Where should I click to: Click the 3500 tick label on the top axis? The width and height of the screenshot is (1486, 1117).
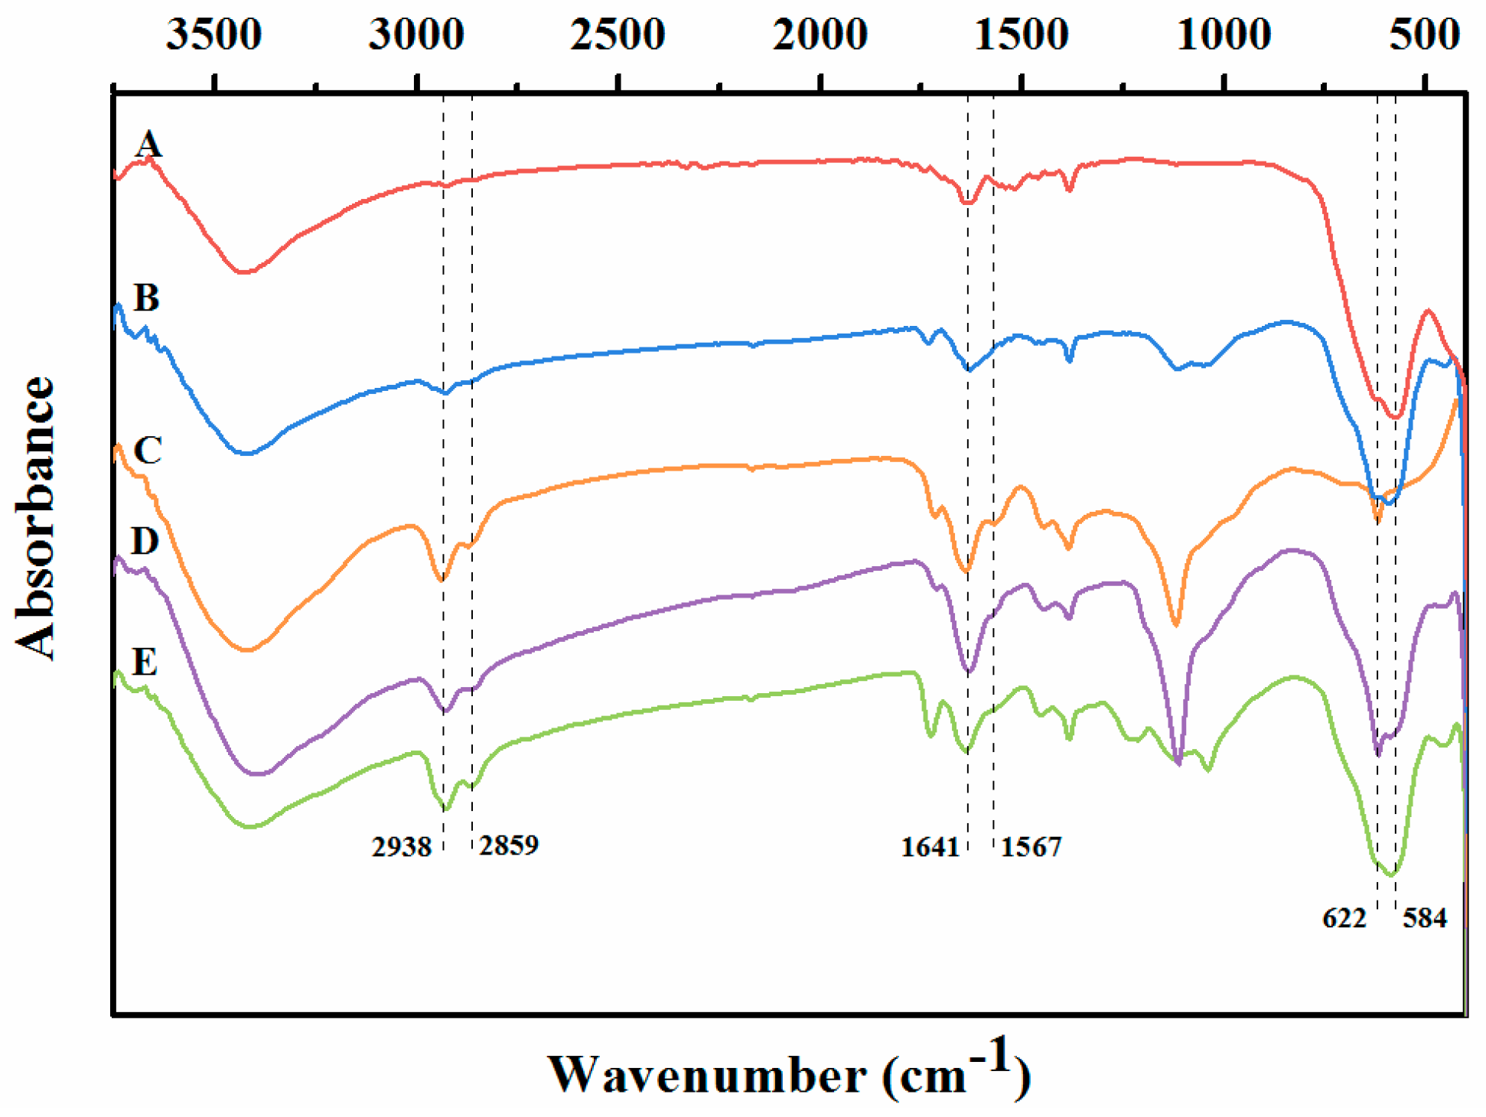click(x=214, y=35)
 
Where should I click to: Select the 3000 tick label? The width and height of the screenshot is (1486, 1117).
click(x=416, y=35)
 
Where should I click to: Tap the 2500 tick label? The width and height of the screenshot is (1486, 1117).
click(x=618, y=35)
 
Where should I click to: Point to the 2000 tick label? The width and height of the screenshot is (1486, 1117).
click(x=820, y=35)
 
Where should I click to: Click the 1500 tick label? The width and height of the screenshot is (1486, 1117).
click(x=1022, y=35)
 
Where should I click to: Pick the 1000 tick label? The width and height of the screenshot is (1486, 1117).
click(x=1224, y=35)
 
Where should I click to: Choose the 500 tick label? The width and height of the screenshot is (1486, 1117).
click(x=1425, y=35)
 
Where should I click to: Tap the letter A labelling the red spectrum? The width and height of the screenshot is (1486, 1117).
click(x=148, y=144)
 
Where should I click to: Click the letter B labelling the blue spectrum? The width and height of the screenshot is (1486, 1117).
click(x=146, y=298)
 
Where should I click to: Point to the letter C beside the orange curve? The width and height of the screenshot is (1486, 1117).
click(x=147, y=450)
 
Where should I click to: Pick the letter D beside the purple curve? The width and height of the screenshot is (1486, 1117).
click(x=145, y=541)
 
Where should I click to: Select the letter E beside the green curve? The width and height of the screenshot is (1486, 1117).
click(x=145, y=661)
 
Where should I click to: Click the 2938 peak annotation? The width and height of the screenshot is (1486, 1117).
click(x=402, y=847)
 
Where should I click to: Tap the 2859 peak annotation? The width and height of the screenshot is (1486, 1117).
click(x=509, y=845)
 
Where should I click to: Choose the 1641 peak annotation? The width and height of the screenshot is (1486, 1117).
click(x=930, y=847)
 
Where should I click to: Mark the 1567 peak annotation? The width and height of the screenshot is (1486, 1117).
click(x=1031, y=847)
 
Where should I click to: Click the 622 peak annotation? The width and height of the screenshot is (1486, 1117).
click(x=1344, y=917)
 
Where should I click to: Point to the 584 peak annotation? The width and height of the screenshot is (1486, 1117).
click(x=1425, y=917)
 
